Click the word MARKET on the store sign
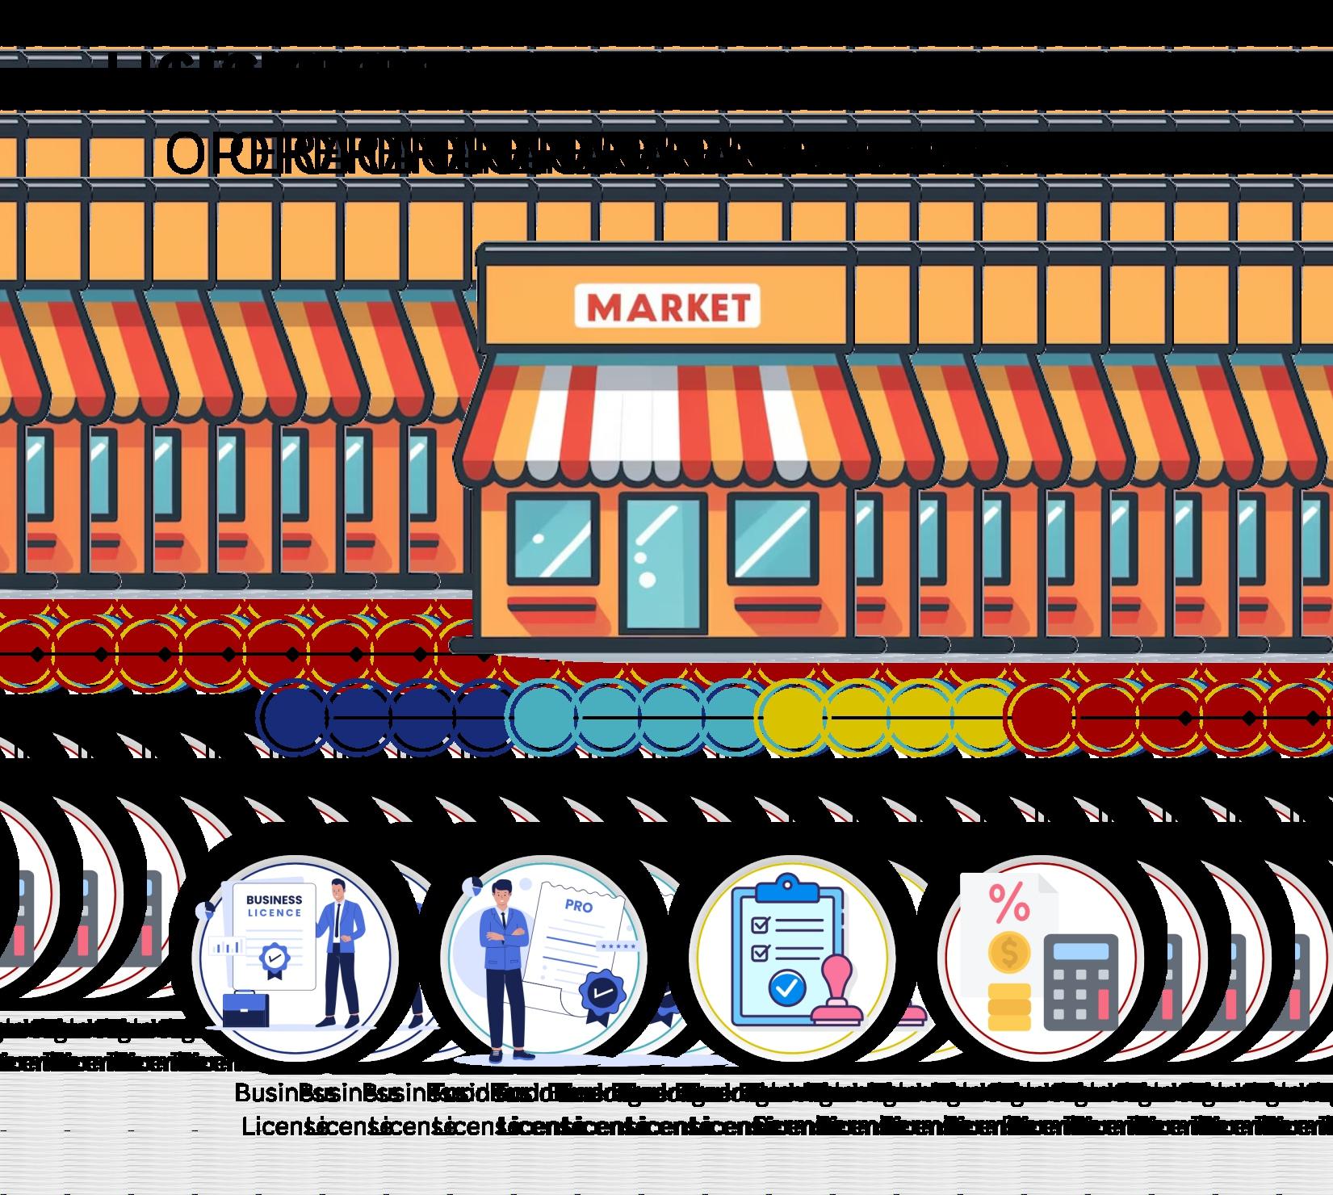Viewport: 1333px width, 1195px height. click(667, 307)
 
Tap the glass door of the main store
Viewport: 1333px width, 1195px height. click(662, 563)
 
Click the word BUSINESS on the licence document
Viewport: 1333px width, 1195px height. click(274, 899)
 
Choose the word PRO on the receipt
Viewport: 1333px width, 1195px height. click(578, 907)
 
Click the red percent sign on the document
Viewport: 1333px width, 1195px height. click(1009, 903)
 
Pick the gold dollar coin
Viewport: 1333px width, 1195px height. click(1009, 953)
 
